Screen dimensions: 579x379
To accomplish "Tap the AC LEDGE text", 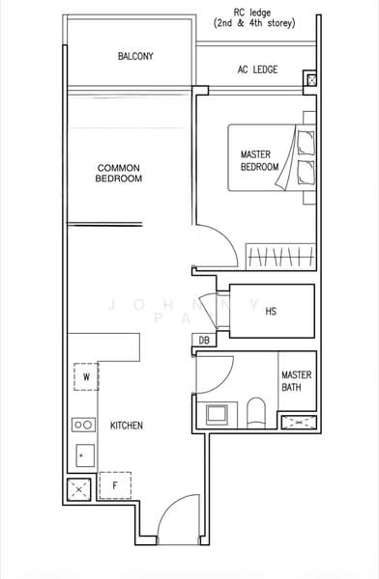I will [258, 70].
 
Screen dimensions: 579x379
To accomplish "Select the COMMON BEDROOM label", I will [121, 173].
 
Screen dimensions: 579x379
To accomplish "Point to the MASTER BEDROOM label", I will [259, 161].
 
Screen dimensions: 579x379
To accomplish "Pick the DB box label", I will [204, 340].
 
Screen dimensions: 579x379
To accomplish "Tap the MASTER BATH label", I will [295, 381].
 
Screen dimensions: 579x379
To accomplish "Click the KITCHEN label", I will [127, 425].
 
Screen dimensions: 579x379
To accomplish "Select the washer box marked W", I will [87, 377].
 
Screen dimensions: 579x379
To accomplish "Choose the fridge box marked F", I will [114, 485].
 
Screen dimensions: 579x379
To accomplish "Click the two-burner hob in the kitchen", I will [83, 425].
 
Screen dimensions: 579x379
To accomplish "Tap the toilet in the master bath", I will [256, 412].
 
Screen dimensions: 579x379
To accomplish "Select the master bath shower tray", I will [298, 422].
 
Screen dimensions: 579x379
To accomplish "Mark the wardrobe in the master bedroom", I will [279, 258].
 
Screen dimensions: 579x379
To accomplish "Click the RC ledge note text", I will [255, 16].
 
